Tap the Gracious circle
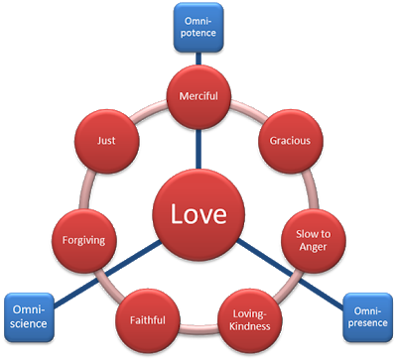coord(290,141)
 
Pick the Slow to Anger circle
coord(312,239)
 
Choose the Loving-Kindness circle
coord(248,317)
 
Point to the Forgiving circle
coord(82,239)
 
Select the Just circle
coord(106,141)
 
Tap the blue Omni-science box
coord(27,315)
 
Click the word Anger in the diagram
coord(312,247)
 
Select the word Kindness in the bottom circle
coord(248,325)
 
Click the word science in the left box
coord(27,322)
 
